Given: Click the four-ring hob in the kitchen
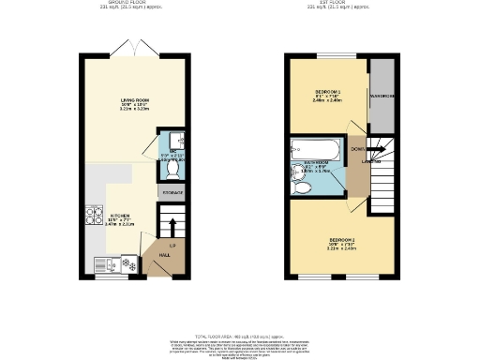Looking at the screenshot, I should [x=94, y=217].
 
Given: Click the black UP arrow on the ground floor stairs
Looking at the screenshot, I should [x=172, y=228].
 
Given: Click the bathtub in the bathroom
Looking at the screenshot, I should [x=310, y=149].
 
